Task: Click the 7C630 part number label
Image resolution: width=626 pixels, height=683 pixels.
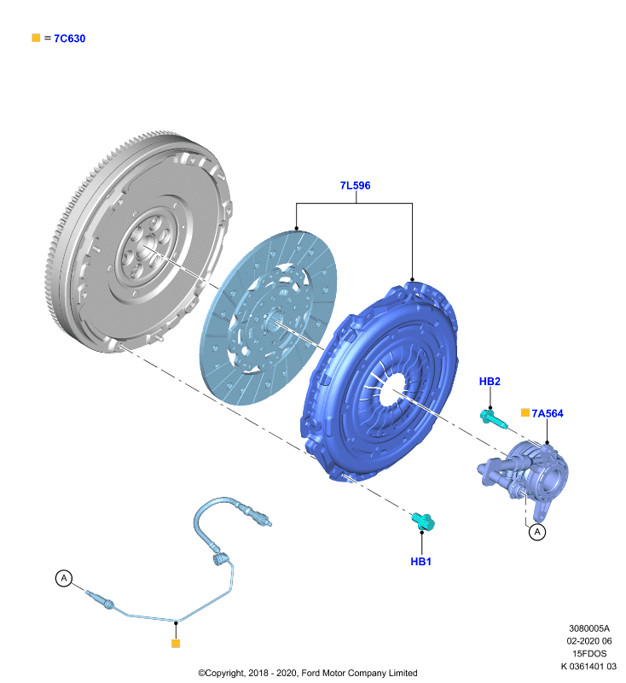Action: click(x=70, y=38)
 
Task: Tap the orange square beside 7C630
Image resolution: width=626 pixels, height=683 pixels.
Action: click(x=36, y=38)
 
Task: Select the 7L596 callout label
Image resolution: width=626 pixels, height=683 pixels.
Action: click(x=355, y=185)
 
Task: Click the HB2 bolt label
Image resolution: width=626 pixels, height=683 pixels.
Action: click(x=490, y=382)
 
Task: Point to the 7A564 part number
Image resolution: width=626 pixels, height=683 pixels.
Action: click(x=548, y=413)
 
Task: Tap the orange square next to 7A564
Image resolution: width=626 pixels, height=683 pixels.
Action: click(x=525, y=412)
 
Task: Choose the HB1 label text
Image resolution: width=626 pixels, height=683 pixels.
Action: click(x=420, y=562)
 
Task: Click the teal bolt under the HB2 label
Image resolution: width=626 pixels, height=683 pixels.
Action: click(x=493, y=419)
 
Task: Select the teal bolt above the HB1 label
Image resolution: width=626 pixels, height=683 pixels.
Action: click(x=423, y=522)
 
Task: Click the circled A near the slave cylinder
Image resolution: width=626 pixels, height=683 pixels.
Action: click(x=537, y=532)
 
